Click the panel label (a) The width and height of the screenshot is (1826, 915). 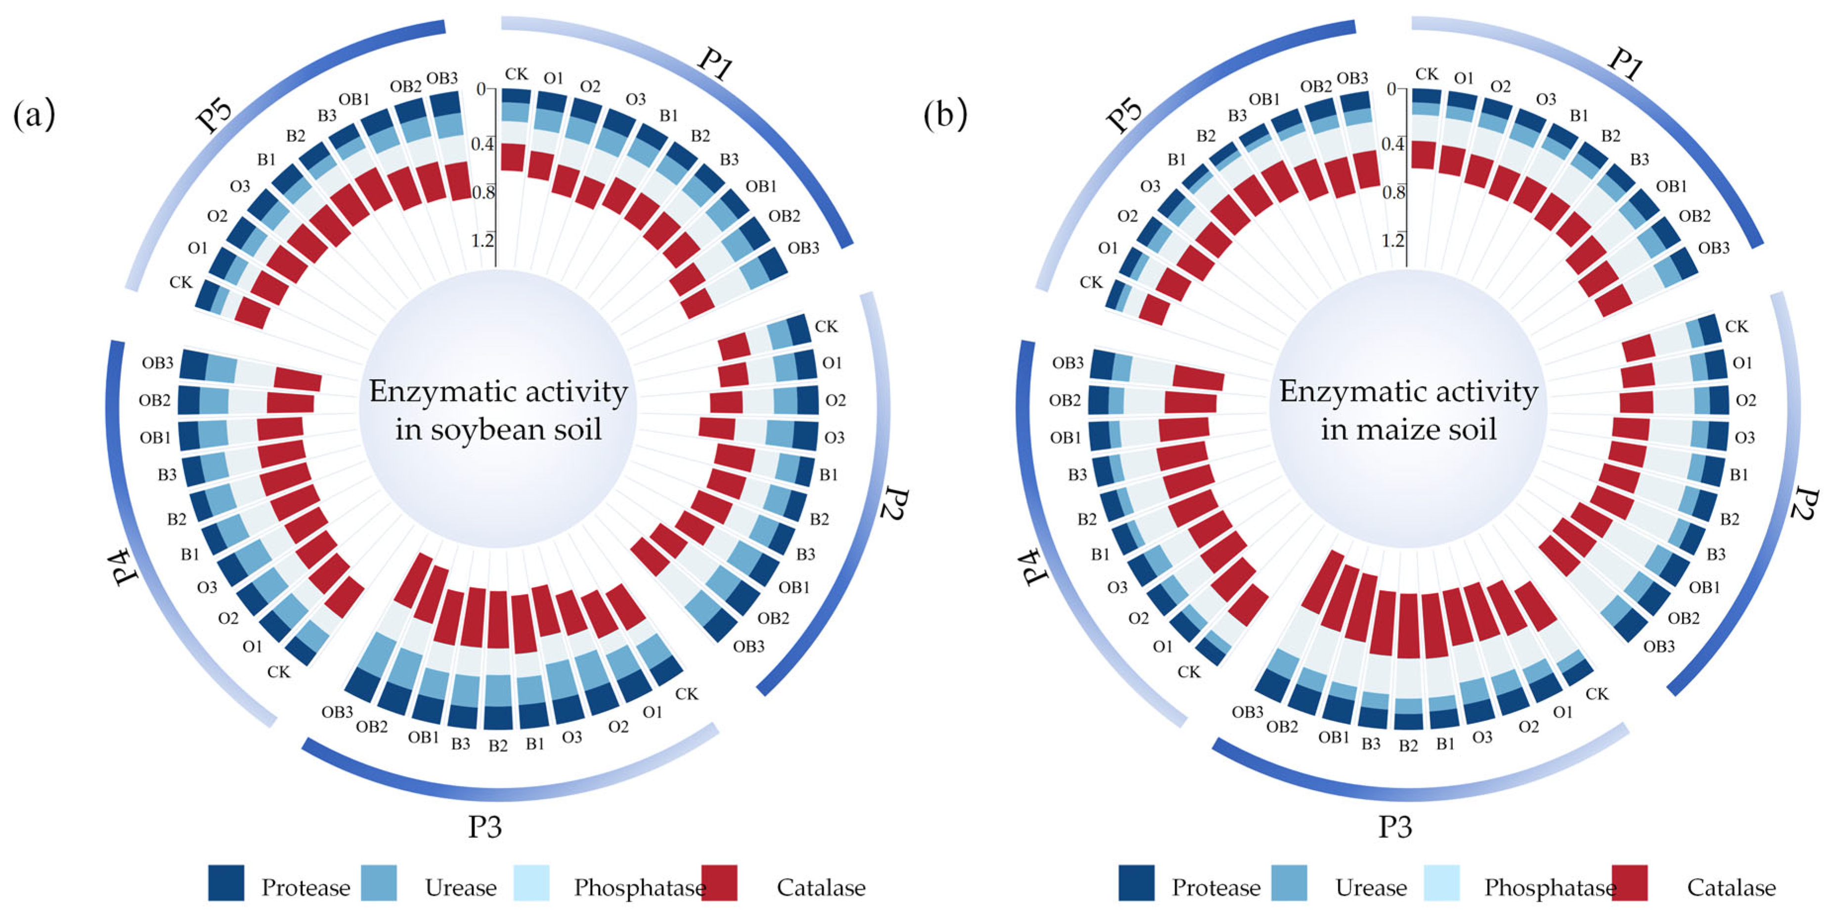coord(34,115)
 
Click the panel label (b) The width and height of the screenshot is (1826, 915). coord(945,115)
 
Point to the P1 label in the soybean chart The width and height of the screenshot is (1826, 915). coord(714,64)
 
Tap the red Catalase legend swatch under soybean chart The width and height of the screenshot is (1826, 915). coord(719,883)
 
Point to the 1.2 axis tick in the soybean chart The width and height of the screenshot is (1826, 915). coord(483,241)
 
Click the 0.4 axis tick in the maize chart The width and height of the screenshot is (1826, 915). coord(1393,144)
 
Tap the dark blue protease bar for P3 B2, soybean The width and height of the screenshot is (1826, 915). coord(498,717)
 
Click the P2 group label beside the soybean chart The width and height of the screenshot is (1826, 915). coord(895,505)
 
